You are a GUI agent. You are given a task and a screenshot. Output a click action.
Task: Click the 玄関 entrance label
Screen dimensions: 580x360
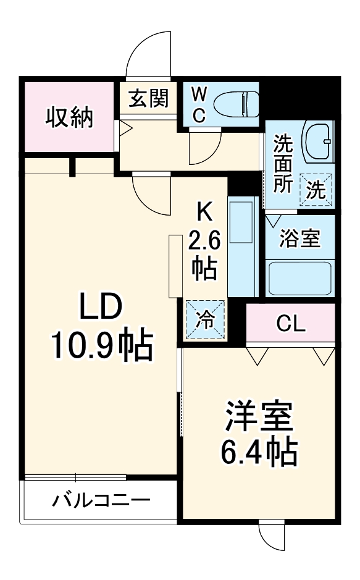point(149,98)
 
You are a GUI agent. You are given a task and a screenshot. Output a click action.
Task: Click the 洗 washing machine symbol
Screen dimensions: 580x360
point(316,189)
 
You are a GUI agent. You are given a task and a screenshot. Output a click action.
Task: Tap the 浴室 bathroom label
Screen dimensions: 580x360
point(299,239)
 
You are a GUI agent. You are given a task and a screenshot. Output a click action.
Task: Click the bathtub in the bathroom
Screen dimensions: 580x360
point(300,277)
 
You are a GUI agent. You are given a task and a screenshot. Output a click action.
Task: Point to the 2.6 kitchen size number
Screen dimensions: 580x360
point(203,240)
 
